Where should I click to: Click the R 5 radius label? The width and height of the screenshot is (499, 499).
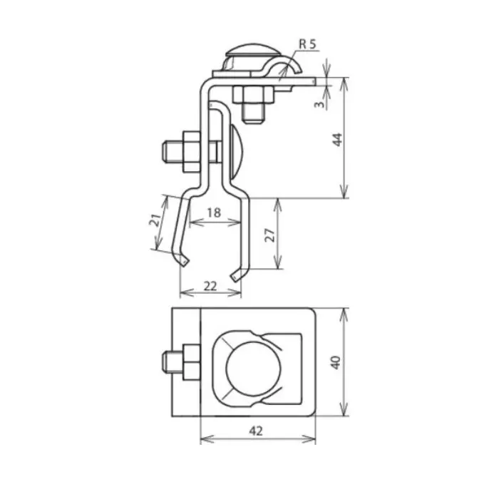click(x=307, y=44)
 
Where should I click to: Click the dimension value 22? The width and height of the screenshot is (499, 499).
click(x=210, y=285)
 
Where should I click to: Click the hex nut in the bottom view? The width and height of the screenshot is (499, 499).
click(x=191, y=362)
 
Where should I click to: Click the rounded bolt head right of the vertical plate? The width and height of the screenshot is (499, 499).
click(x=237, y=151)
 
